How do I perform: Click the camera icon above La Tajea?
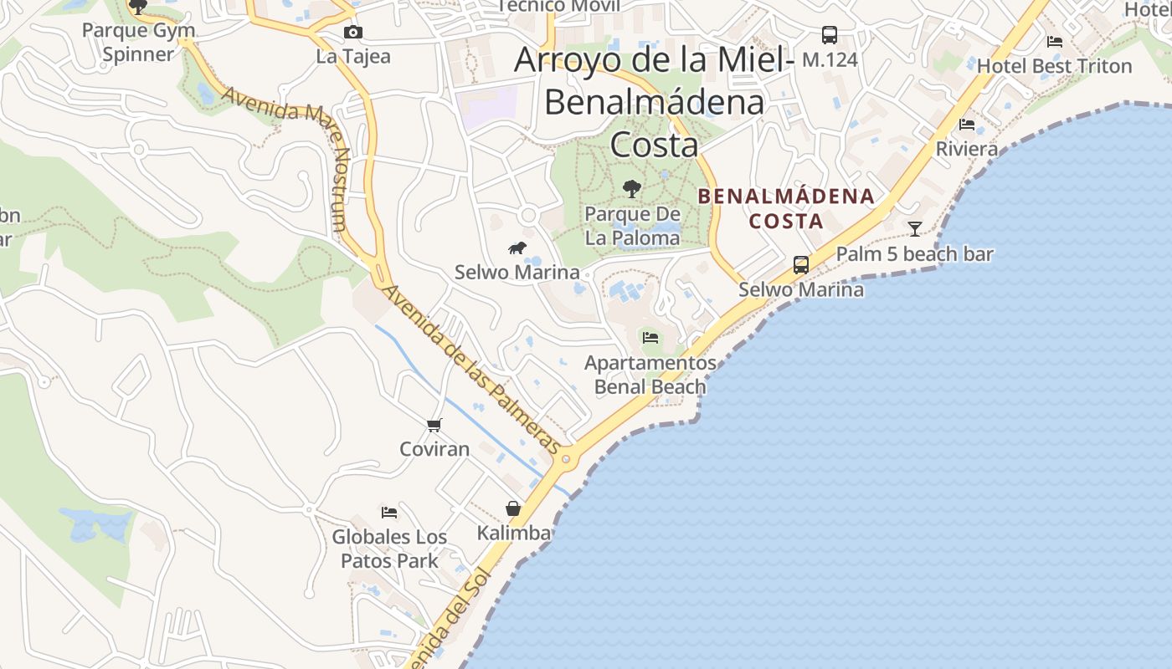pyautogui.click(x=353, y=32)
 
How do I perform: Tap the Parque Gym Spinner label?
pyautogui.click(x=139, y=43)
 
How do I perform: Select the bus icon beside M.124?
pyautogui.click(x=829, y=35)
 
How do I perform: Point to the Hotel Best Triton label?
pyautogui.click(x=1054, y=65)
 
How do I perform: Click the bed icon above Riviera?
pyautogui.click(x=967, y=125)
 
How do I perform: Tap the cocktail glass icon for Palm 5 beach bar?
pyautogui.click(x=915, y=228)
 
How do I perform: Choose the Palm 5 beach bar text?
pyautogui.click(x=915, y=254)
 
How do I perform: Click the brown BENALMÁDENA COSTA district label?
pyautogui.click(x=785, y=209)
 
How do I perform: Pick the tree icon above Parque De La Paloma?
pyautogui.click(x=632, y=189)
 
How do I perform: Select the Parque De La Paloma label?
pyautogui.click(x=632, y=226)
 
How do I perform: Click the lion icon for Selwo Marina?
pyautogui.click(x=517, y=248)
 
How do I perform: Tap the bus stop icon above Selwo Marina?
pyautogui.click(x=801, y=265)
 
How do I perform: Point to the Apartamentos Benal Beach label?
pyautogui.click(x=650, y=375)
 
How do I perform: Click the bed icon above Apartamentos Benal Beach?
pyautogui.click(x=650, y=338)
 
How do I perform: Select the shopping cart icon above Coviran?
pyautogui.click(x=434, y=425)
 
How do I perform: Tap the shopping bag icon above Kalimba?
pyautogui.click(x=513, y=508)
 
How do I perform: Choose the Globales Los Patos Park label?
pyautogui.click(x=389, y=549)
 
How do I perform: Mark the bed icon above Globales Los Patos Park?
pyautogui.click(x=389, y=512)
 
